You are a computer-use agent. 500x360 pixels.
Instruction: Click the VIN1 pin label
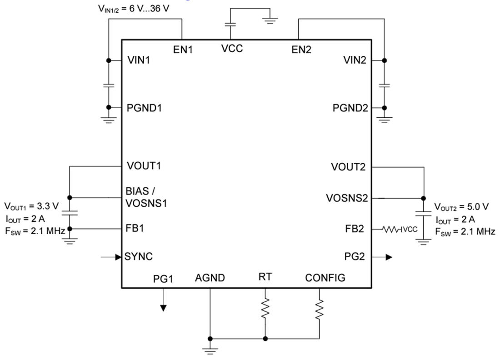coord(139,60)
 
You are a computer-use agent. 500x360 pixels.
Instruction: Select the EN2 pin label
coord(301,50)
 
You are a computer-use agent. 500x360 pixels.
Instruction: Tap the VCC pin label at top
coord(232,48)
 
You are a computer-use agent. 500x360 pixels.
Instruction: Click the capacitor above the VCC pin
coord(231,25)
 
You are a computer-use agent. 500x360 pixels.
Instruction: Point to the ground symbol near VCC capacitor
coord(270,20)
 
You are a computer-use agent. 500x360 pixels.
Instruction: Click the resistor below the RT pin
coord(265,309)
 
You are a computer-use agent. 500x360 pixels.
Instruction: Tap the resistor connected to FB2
coord(391,230)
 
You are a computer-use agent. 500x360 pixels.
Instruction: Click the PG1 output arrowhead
coord(163,308)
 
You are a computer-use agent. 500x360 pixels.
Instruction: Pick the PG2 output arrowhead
coord(389,257)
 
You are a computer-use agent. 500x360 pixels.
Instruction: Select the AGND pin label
coord(210,278)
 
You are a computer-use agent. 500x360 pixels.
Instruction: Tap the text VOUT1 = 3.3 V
coord(31,206)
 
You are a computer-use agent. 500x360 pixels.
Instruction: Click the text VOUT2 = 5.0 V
coord(461,207)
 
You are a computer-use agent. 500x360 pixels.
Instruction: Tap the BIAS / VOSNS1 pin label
coord(146,197)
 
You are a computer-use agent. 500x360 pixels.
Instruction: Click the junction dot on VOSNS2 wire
coord(424,198)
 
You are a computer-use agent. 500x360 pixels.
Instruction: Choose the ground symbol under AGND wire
coord(210,350)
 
